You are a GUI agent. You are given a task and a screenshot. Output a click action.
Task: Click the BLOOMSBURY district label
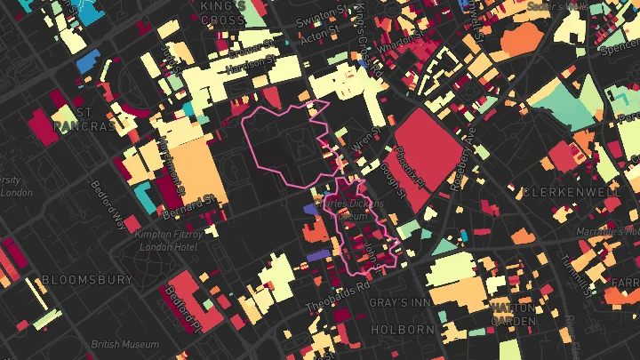(x=87, y=279)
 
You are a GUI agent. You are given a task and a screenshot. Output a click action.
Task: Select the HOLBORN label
(x=404, y=329)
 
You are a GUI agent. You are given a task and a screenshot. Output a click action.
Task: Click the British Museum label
(x=126, y=344)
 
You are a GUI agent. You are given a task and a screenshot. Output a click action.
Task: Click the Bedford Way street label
(x=108, y=205)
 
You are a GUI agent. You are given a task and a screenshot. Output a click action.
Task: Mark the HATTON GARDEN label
(x=512, y=314)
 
